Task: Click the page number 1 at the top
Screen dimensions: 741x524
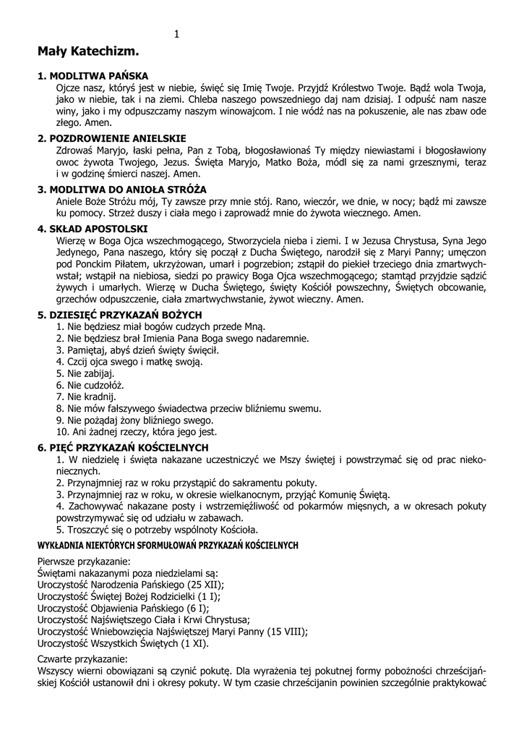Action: coord(176,34)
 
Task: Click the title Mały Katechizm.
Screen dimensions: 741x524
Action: coord(88,52)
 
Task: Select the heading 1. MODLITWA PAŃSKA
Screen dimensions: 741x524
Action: coord(93,75)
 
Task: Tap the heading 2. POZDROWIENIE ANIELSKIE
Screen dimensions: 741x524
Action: coord(112,137)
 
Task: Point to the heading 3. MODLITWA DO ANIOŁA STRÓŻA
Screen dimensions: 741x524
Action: coord(122,189)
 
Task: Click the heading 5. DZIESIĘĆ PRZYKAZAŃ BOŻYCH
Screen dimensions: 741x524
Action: coord(119,315)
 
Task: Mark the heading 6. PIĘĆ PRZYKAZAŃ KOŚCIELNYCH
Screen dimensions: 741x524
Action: coord(123,448)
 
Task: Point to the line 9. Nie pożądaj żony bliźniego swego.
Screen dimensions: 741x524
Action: coord(135,420)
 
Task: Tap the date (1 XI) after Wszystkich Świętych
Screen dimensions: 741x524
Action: coord(194,643)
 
